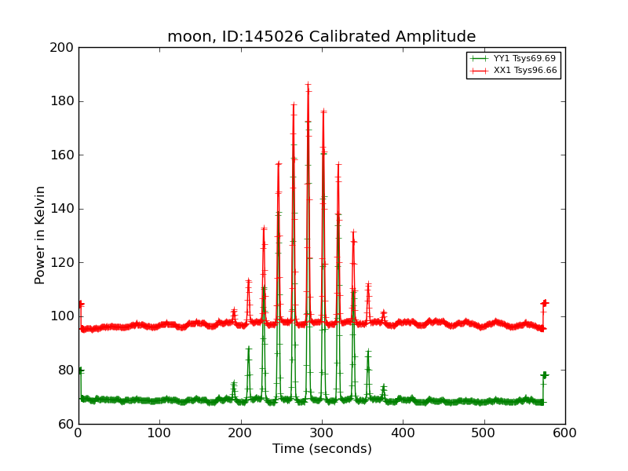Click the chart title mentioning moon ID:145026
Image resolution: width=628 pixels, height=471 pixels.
coord(321,37)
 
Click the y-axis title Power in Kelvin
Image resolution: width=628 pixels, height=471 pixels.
coord(41,235)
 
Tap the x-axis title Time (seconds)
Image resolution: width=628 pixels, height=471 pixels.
coord(322,449)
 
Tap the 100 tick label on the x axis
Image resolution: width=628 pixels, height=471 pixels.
coord(159,433)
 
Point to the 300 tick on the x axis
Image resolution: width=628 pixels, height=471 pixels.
coord(322,433)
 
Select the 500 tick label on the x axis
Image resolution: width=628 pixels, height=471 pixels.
coord(484,433)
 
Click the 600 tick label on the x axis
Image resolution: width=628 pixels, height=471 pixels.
coord(565,433)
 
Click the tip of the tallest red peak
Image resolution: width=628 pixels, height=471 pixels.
coord(308,84)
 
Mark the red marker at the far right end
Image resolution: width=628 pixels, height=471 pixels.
coord(544,303)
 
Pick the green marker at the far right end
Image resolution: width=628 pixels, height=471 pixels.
coord(544,375)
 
